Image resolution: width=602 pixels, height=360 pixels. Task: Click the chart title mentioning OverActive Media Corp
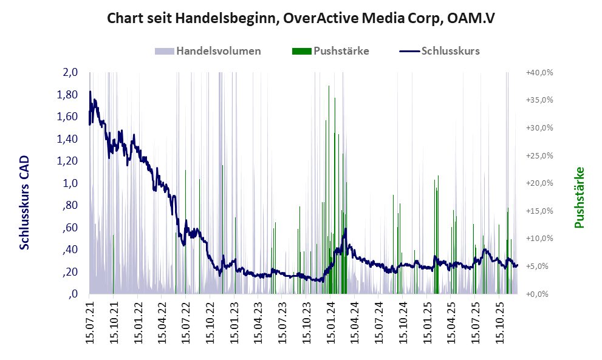(301, 18)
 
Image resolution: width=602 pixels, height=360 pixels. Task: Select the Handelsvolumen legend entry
(218, 51)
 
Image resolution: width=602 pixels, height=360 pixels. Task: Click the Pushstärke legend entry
(341, 51)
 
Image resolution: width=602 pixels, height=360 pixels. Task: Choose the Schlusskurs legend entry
(450, 51)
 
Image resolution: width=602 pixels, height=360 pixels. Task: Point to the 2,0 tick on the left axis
(70, 72)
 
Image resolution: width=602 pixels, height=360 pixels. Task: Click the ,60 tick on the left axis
(70, 228)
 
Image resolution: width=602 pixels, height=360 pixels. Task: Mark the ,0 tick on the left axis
(73, 294)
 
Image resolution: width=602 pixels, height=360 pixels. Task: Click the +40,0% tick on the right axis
(539, 72)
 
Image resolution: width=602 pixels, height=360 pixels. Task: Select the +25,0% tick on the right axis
(539, 155)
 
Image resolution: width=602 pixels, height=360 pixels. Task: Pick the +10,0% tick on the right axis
(539, 239)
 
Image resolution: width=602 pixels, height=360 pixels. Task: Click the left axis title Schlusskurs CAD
(25, 202)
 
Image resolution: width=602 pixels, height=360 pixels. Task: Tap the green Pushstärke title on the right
(579, 197)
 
